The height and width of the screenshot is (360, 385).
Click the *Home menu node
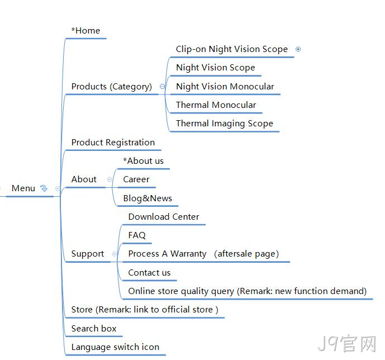85,31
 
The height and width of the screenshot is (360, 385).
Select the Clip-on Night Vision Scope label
232,49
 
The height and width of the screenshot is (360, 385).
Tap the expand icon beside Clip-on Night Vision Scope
298,49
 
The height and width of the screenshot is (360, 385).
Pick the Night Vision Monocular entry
225,87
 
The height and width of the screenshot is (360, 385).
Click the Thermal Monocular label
216,105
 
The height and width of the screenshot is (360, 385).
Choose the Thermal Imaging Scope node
225,124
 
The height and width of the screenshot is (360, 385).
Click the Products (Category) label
112,87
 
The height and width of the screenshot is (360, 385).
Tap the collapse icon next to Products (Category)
162,87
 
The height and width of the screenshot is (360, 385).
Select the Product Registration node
113,143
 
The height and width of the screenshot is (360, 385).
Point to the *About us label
144,161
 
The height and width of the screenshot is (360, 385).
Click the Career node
136,179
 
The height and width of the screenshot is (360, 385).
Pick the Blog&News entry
148,198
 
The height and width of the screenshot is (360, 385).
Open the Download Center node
164,217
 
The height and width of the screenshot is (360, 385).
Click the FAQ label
137,235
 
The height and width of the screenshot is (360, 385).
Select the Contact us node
149,273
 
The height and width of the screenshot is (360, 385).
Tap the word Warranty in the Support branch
188,254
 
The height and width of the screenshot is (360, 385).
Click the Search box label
94,329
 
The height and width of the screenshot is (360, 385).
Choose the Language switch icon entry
116,347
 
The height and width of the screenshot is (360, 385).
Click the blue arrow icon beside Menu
44,188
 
